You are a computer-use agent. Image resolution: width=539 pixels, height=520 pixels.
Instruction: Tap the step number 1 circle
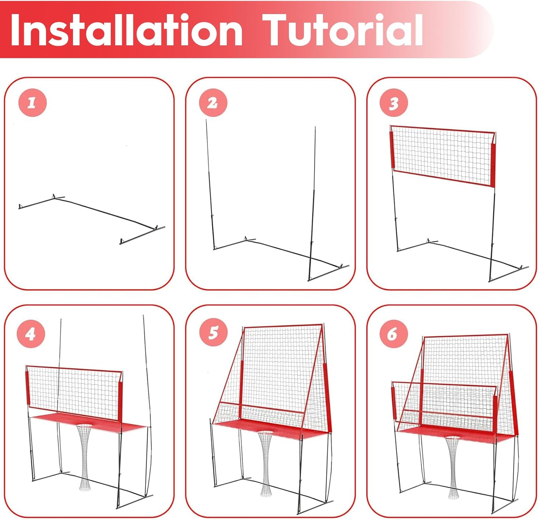click(x=32, y=103)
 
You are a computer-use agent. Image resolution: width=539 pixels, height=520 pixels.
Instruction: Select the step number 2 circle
click(x=213, y=103)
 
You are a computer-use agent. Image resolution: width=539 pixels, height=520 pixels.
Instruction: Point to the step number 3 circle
click(x=394, y=103)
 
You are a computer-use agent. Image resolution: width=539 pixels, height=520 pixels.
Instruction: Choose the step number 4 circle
click(x=31, y=334)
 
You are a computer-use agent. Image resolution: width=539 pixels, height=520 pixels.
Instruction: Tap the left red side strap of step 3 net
click(x=392, y=150)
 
